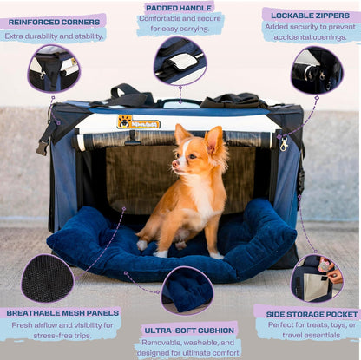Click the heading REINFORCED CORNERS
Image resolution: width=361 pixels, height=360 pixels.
click(x=53, y=20)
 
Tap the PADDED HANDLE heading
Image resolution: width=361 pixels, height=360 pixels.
click(x=180, y=7)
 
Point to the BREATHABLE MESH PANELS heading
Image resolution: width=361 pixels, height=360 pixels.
click(x=60, y=312)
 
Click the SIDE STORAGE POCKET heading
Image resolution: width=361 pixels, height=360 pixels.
click(x=307, y=311)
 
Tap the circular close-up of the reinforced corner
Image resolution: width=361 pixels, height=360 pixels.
click(x=54, y=68)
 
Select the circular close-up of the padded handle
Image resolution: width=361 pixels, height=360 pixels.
click(x=180, y=61)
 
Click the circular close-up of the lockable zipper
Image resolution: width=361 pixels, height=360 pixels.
click(x=316, y=70)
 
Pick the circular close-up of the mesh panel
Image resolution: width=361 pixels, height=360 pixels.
click(x=48, y=278)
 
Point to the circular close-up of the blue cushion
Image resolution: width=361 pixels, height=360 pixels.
click(x=187, y=290)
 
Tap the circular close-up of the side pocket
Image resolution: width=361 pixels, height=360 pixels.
click(x=317, y=277)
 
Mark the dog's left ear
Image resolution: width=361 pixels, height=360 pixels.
click(x=213, y=140)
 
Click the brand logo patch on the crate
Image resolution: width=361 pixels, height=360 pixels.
click(x=138, y=122)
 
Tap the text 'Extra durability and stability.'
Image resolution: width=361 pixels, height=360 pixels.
click(x=53, y=36)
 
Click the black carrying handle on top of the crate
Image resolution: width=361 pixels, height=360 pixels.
click(x=131, y=91)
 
